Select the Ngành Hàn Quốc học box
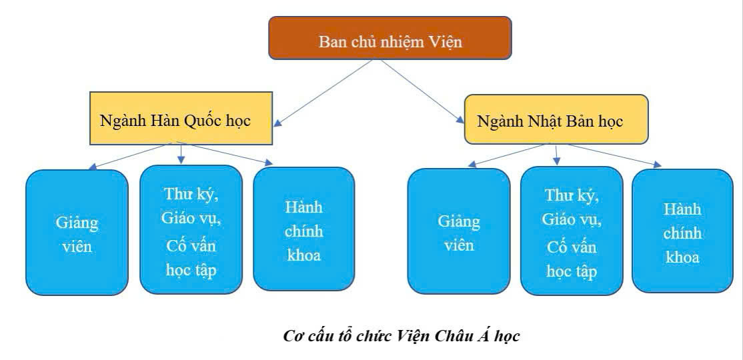tap(181, 120)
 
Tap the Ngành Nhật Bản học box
tap(556, 120)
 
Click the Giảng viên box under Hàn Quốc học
tap(76, 233)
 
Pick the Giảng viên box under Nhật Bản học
tap(458, 231)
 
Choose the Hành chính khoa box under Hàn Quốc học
tap(303, 228)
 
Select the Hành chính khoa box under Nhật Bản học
tap(682, 231)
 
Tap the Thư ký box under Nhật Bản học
tap(571, 233)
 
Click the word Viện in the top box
tap(446, 42)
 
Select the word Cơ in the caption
tap(291, 335)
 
